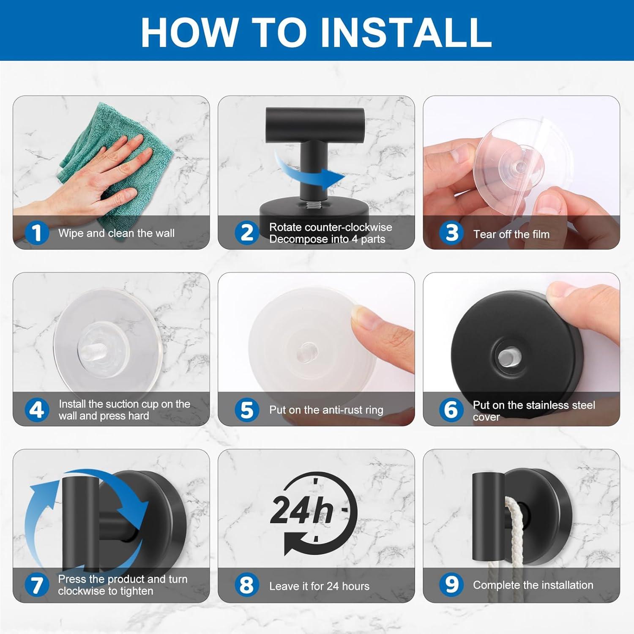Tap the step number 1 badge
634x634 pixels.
37,233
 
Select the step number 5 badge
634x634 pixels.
247,410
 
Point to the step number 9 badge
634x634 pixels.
451,585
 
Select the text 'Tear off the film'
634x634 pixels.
511,234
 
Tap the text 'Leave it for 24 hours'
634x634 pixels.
319,586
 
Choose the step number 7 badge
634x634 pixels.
37,585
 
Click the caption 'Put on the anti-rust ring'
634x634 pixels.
326,410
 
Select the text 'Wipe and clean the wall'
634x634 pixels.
116,233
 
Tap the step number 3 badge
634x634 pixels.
451,233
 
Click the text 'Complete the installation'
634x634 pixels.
533,585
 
